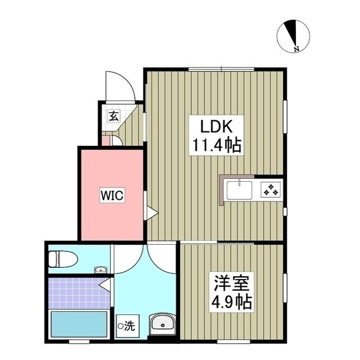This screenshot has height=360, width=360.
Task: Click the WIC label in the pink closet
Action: [x=112, y=195]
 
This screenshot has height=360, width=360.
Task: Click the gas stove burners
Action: [x=271, y=189]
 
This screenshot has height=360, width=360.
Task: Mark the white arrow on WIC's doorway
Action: [x=151, y=213]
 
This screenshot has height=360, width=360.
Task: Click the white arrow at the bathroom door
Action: [x=105, y=286]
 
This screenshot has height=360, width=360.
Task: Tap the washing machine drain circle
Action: [x=120, y=325]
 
